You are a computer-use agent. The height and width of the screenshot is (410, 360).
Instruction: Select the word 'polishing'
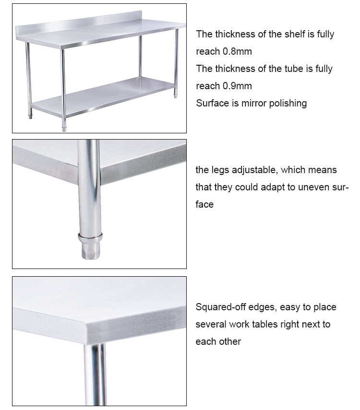pyautogui.click(x=287, y=103)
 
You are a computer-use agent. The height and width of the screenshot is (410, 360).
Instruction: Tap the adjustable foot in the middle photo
pyautogui.click(x=90, y=249)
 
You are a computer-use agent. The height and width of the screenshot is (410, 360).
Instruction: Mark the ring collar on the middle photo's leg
pyautogui.click(x=90, y=236)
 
